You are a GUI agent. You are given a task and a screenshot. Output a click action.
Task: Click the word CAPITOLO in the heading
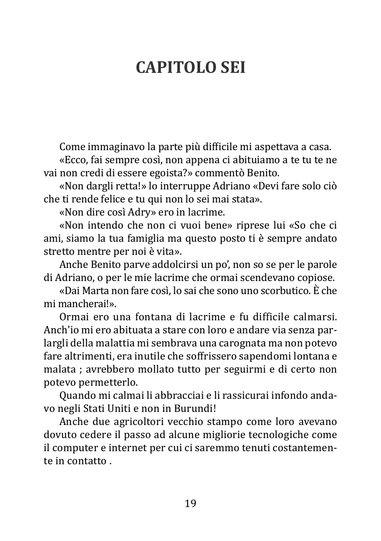tap(171, 68)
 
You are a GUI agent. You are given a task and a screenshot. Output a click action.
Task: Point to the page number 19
tap(190, 503)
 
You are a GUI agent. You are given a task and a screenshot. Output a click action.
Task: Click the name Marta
tap(91, 291)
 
